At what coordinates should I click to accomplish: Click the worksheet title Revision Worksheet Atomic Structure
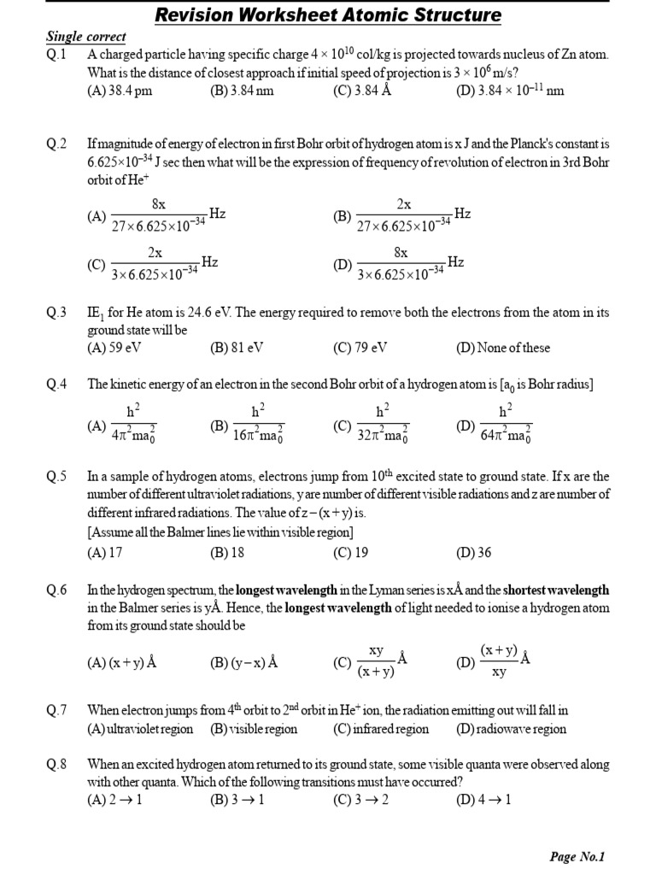(328, 15)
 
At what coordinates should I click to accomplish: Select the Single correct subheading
(85, 37)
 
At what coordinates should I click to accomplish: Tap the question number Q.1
(56, 54)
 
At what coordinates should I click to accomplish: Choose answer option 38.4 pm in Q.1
(120, 91)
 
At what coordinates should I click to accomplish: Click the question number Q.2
(56, 144)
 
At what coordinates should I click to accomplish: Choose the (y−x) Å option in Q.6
(244, 662)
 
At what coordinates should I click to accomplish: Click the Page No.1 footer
(577, 857)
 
